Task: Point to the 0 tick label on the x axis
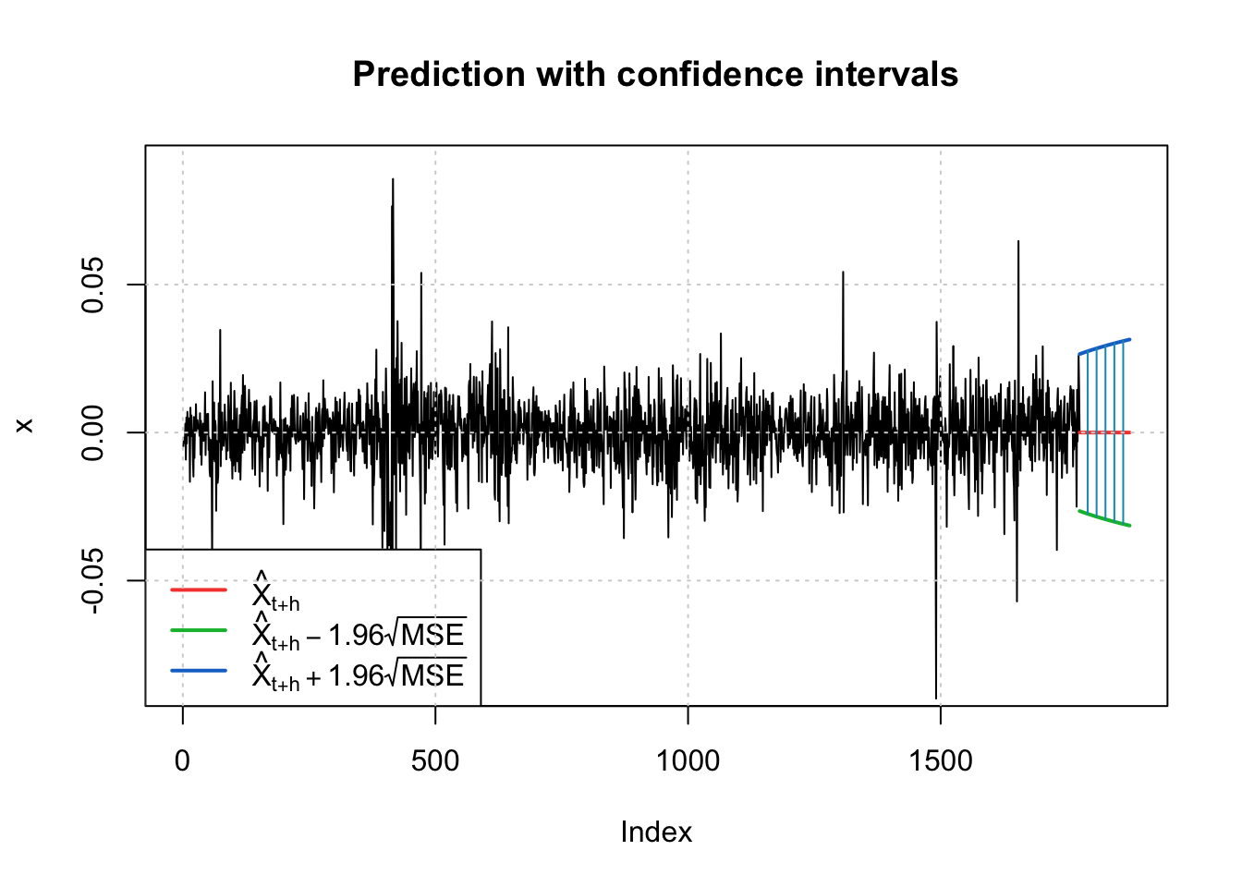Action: (183, 760)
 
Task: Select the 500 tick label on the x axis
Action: (435, 760)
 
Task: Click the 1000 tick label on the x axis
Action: (688, 760)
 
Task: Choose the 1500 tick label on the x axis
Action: (941, 760)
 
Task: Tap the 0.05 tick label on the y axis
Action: (93, 285)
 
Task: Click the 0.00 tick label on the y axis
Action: (93, 432)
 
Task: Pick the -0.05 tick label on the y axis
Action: (93, 580)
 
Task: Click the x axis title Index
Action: (656, 832)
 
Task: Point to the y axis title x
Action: (25, 425)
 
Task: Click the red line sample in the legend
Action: (199, 589)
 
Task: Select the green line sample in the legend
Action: (199, 630)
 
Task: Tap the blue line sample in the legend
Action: (199, 671)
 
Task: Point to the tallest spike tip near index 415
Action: (393, 180)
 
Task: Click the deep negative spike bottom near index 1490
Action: (936, 697)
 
